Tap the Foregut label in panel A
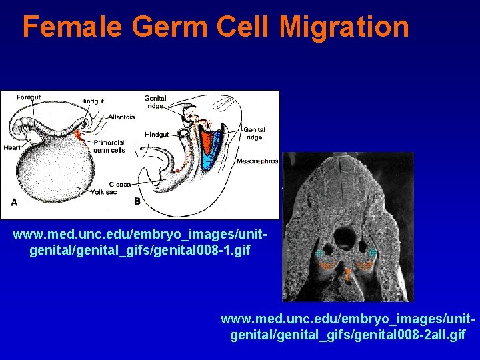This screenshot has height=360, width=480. (x=29, y=97)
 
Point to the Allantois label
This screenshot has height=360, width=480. (x=121, y=117)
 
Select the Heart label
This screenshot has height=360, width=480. (x=11, y=147)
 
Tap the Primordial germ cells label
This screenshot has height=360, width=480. (x=109, y=147)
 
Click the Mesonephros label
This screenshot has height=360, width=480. (x=257, y=161)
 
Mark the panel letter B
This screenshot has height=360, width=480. (x=137, y=201)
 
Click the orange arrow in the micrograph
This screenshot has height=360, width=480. (x=348, y=273)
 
